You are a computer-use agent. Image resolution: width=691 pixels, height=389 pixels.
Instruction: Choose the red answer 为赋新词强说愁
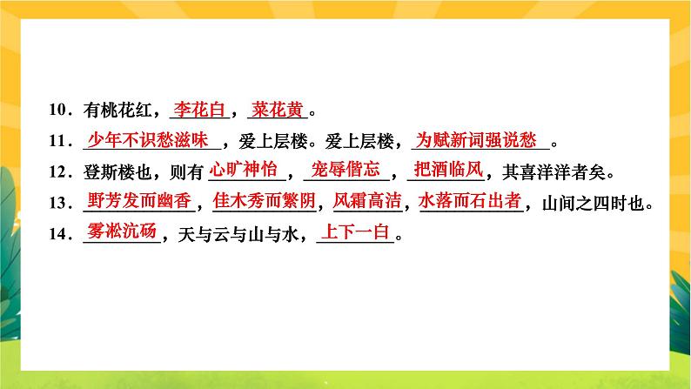click(x=477, y=139)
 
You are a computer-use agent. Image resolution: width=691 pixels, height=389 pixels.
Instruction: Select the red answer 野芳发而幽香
click(x=139, y=201)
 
